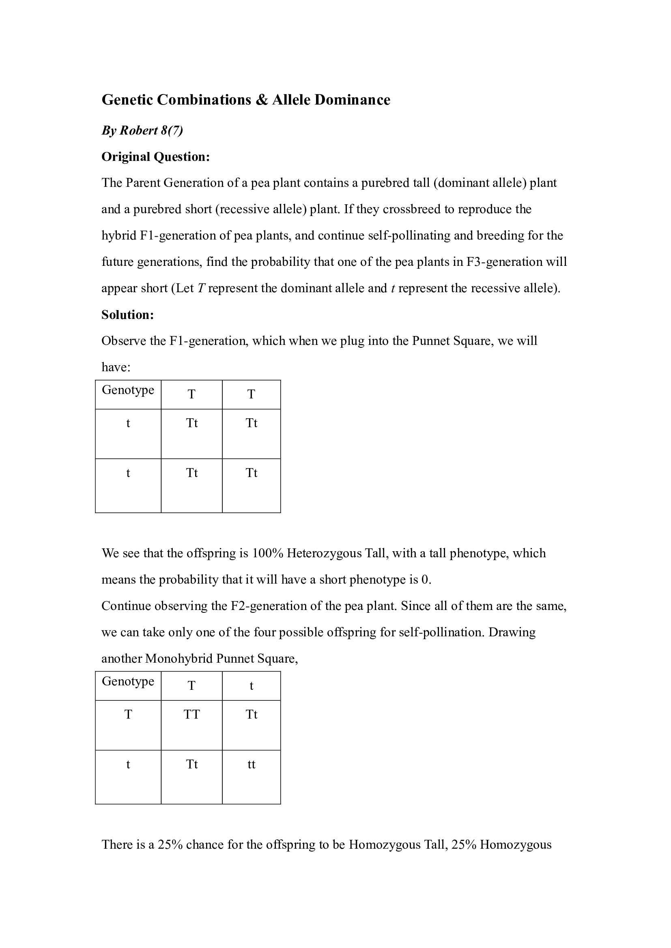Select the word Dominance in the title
[352, 100]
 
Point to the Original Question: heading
[156, 157]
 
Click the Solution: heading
[128, 315]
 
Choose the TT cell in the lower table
[192, 714]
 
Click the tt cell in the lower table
[251, 764]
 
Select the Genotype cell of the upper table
[128, 390]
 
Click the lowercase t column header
[251, 686]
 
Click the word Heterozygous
[324, 553]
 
